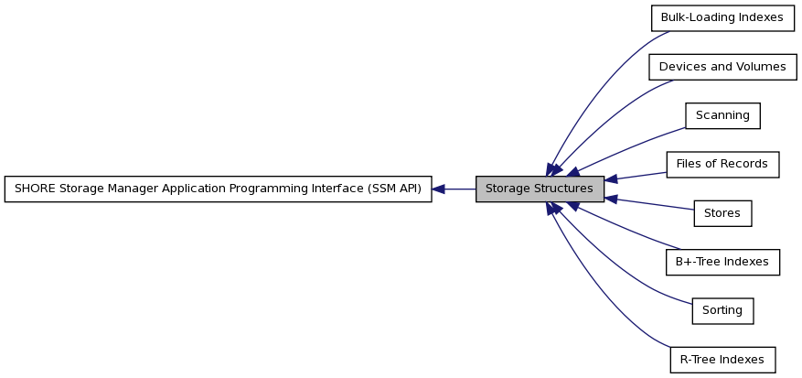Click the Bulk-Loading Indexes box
click(x=722, y=18)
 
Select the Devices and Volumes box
click(x=722, y=67)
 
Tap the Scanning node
click(x=722, y=115)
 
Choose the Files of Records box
click(x=722, y=165)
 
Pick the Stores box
click(x=722, y=213)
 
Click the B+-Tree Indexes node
click(x=722, y=263)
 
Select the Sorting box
click(x=722, y=311)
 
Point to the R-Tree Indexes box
click(x=722, y=360)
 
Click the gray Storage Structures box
click(x=540, y=189)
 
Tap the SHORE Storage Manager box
click(x=218, y=189)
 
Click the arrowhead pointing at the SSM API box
click(x=438, y=189)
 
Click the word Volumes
click(x=761, y=67)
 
